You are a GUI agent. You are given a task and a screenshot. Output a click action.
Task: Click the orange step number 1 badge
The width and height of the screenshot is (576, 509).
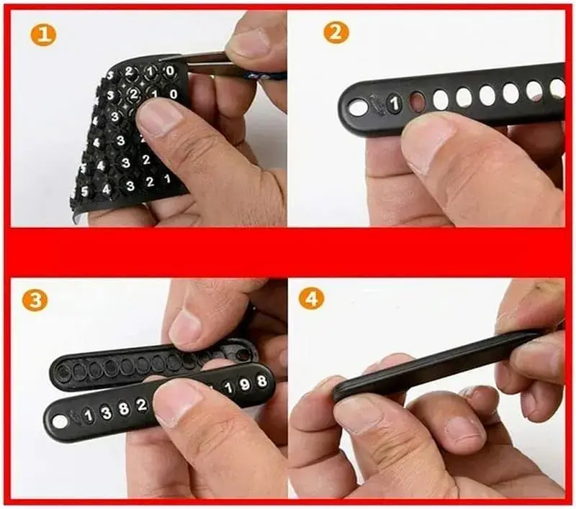pos(42,34)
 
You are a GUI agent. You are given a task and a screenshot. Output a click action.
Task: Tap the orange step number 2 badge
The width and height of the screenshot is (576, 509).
pos(336,32)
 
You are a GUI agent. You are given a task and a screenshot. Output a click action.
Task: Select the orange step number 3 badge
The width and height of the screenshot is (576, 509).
pos(34,299)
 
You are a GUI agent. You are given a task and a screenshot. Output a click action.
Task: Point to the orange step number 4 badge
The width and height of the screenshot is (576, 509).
pos(311,297)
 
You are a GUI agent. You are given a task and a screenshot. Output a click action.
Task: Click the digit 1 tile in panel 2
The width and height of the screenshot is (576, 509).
pos(394,104)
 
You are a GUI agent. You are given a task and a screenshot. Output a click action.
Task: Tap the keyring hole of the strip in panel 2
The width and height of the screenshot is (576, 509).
pos(358,108)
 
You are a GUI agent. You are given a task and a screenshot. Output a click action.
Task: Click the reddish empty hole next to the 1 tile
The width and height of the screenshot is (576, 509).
pos(417,101)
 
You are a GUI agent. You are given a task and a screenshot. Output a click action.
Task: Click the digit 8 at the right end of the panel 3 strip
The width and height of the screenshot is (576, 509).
pos(261,381)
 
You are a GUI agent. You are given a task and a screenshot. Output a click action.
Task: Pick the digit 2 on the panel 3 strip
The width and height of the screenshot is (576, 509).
pos(141,405)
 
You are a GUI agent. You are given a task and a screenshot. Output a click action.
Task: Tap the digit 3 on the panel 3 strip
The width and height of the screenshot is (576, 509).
pos(105,412)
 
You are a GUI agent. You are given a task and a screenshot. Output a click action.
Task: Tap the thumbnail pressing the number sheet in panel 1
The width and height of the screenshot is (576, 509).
pos(157,116)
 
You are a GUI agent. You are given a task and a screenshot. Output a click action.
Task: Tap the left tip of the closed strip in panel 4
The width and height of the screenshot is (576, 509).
pos(338,391)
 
